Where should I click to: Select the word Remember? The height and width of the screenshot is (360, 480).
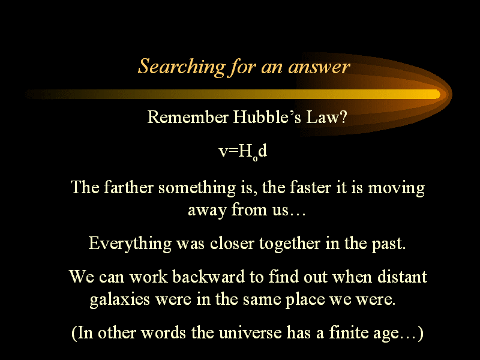pos(188,117)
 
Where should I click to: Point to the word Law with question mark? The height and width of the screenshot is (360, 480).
pos(326,117)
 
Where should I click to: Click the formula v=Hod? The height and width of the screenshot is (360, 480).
pos(243,152)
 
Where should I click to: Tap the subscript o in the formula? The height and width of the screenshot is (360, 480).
pos(256,158)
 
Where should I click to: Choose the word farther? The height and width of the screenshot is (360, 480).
pos(128,187)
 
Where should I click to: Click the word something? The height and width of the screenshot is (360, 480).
pos(197,188)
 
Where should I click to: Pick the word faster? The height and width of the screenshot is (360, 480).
pos(310,187)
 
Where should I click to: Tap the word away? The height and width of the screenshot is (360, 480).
pos(207,211)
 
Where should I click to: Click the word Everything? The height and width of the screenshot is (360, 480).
pos(130,244)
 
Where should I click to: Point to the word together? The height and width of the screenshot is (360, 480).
pos(290,244)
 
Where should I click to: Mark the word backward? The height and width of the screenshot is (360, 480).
pos(208,276)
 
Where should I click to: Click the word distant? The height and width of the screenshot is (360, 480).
pos(402,276)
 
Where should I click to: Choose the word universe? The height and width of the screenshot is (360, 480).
pos(250,332)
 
